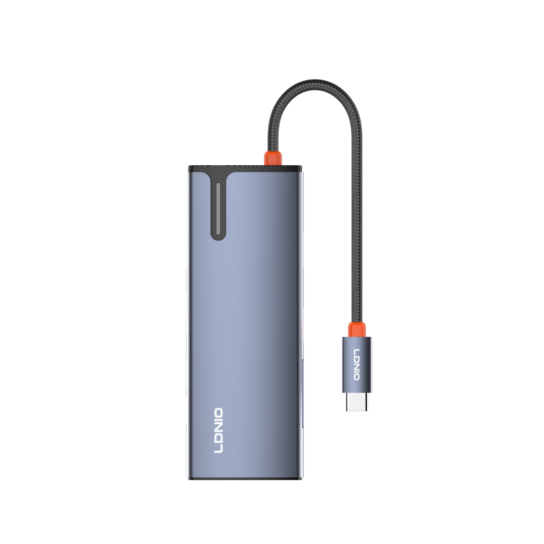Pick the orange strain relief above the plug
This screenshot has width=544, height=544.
[x=357, y=329]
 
